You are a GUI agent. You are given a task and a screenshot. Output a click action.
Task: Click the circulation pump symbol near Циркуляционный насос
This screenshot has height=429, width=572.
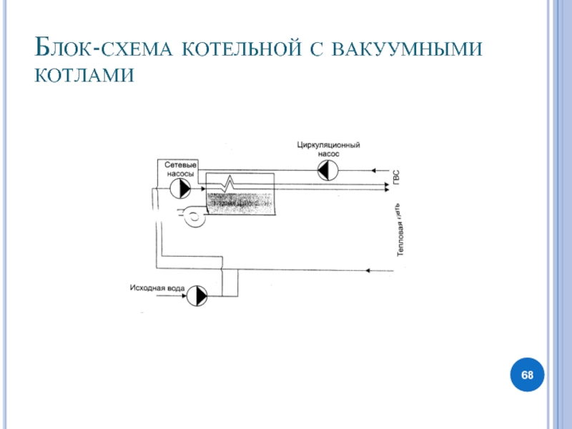tap(328, 170)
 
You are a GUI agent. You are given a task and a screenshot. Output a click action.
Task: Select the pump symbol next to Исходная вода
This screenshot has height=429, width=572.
tap(199, 294)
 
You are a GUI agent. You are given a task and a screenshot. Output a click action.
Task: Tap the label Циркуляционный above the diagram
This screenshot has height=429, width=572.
tap(328, 145)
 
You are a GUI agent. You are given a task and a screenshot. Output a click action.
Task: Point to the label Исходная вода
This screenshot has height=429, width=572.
tap(157, 289)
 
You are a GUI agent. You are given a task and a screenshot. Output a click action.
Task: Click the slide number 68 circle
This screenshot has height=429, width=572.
tap(527, 375)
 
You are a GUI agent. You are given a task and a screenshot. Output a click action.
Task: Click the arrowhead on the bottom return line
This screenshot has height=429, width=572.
tap(368, 270)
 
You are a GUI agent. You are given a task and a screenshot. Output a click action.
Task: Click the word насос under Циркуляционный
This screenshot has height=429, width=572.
tap(328, 154)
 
